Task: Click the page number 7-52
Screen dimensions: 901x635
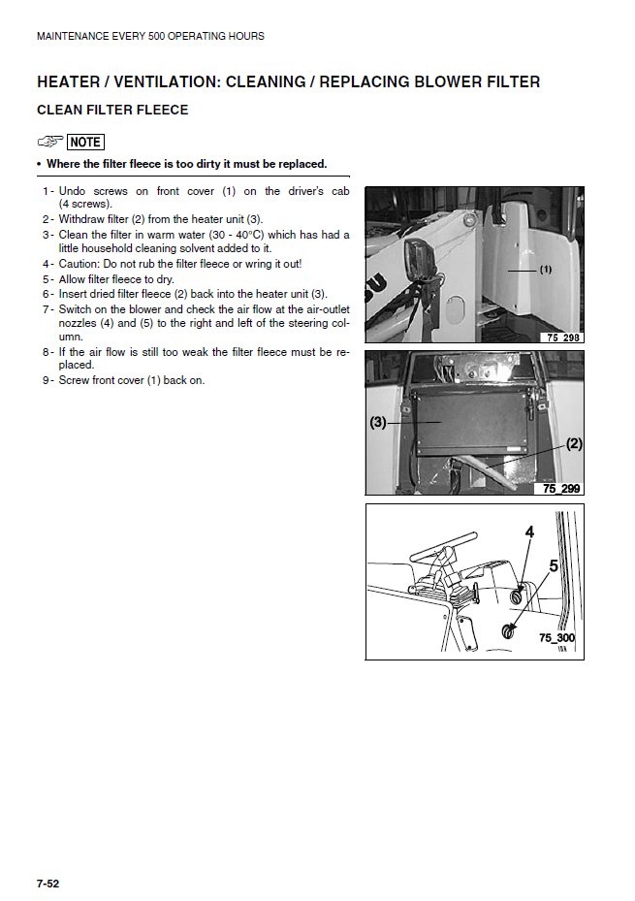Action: point(48,884)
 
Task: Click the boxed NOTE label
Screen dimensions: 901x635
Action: point(85,143)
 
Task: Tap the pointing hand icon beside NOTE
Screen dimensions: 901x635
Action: point(50,143)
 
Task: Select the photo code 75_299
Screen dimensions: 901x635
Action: point(561,489)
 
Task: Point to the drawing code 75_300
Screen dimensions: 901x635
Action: point(557,638)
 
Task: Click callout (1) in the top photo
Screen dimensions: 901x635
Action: point(546,270)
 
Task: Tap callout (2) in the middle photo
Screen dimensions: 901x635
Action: point(574,444)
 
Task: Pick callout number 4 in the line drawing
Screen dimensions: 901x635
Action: point(529,532)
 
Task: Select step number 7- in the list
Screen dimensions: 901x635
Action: point(48,309)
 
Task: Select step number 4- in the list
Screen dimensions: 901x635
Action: point(48,264)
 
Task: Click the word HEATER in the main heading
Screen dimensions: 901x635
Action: point(70,82)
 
